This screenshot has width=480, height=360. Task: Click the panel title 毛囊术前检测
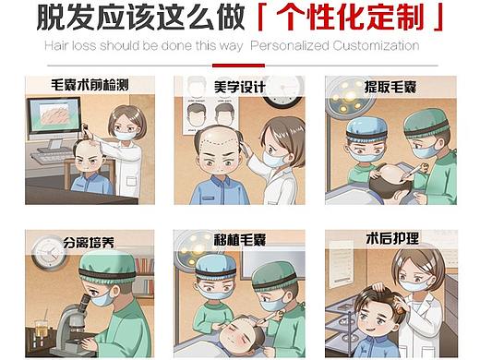point(90,85)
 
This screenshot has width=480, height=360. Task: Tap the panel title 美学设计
point(240,87)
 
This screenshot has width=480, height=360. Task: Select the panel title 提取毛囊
point(390,87)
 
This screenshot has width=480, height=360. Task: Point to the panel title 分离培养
point(89,243)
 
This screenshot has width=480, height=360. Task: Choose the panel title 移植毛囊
point(240,240)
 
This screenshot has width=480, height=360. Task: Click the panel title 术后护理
point(392,238)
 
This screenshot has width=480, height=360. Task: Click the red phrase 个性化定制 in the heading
point(350,16)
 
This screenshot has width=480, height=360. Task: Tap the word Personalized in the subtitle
point(290,45)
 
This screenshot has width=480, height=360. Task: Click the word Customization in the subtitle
point(376,45)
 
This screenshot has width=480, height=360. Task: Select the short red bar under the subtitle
point(238,66)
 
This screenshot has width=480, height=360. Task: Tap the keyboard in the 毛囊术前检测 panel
point(52,158)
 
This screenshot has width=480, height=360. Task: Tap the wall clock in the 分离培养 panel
point(49,253)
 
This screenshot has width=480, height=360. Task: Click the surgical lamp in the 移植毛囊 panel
point(193,249)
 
